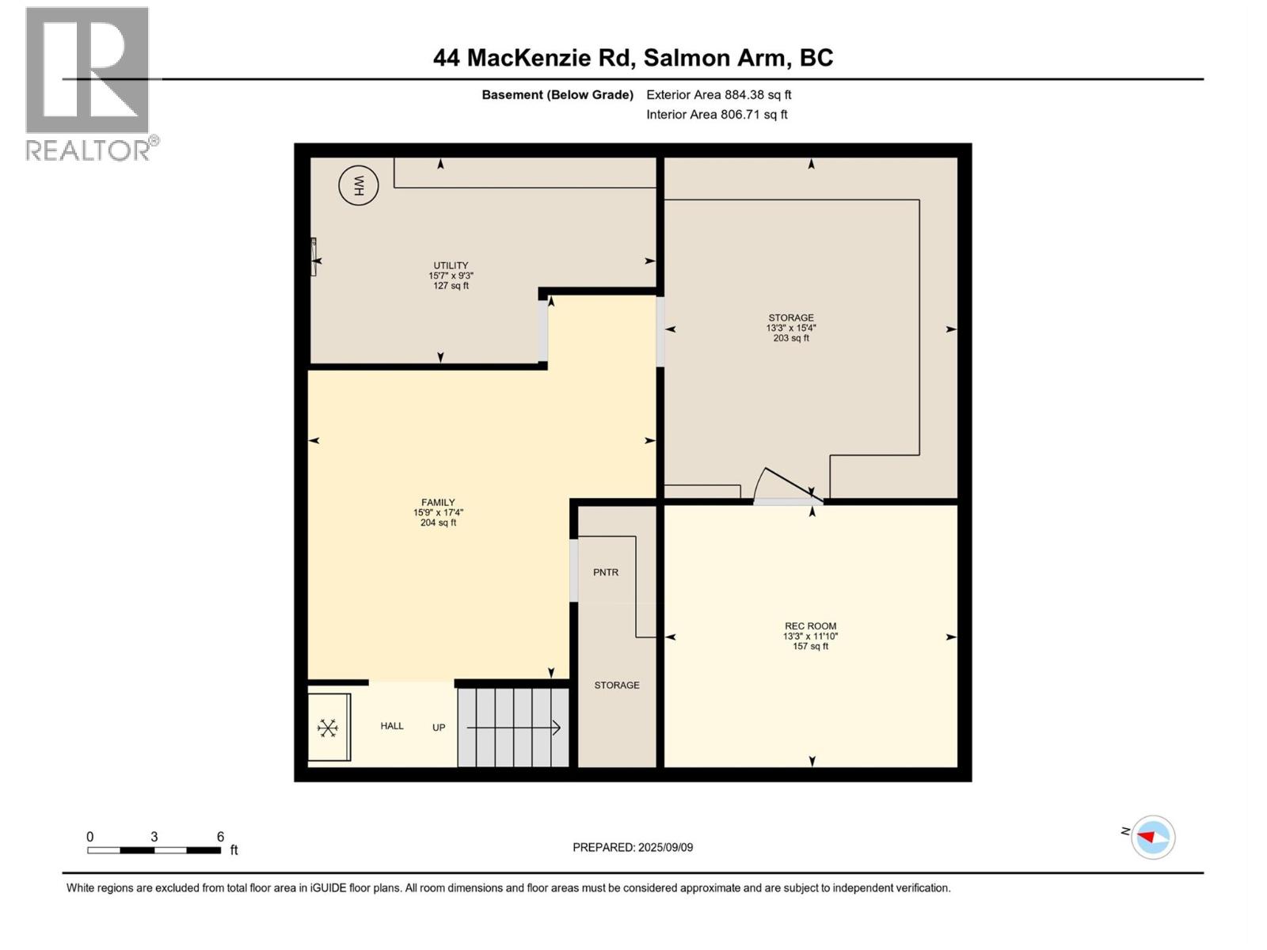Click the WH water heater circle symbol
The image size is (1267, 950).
coord(358,186)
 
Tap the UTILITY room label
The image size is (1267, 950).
coord(451,265)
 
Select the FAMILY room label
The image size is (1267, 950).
coord(438,502)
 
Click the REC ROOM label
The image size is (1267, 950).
coord(810,625)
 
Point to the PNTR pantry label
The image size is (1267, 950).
coord(606,572)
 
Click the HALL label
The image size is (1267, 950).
coord(392,726)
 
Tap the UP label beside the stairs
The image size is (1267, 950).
coord(439,728)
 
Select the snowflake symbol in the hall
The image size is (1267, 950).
coord(328,728)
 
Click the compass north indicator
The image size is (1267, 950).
coord(1152,837)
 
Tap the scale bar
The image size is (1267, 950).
coord(154,850)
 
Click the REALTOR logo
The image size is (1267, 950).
coord(89,83)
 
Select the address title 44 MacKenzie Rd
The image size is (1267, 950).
coord(633,58)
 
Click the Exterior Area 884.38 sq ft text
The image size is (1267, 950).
coord(718,95)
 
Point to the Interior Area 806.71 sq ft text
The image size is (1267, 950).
coord(717,115)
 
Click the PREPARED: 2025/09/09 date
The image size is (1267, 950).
coord(633,847)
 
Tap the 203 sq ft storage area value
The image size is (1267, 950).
coord(791,338)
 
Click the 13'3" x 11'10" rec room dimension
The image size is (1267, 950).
coord(810,636)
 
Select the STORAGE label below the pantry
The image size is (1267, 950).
coord(617,686)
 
